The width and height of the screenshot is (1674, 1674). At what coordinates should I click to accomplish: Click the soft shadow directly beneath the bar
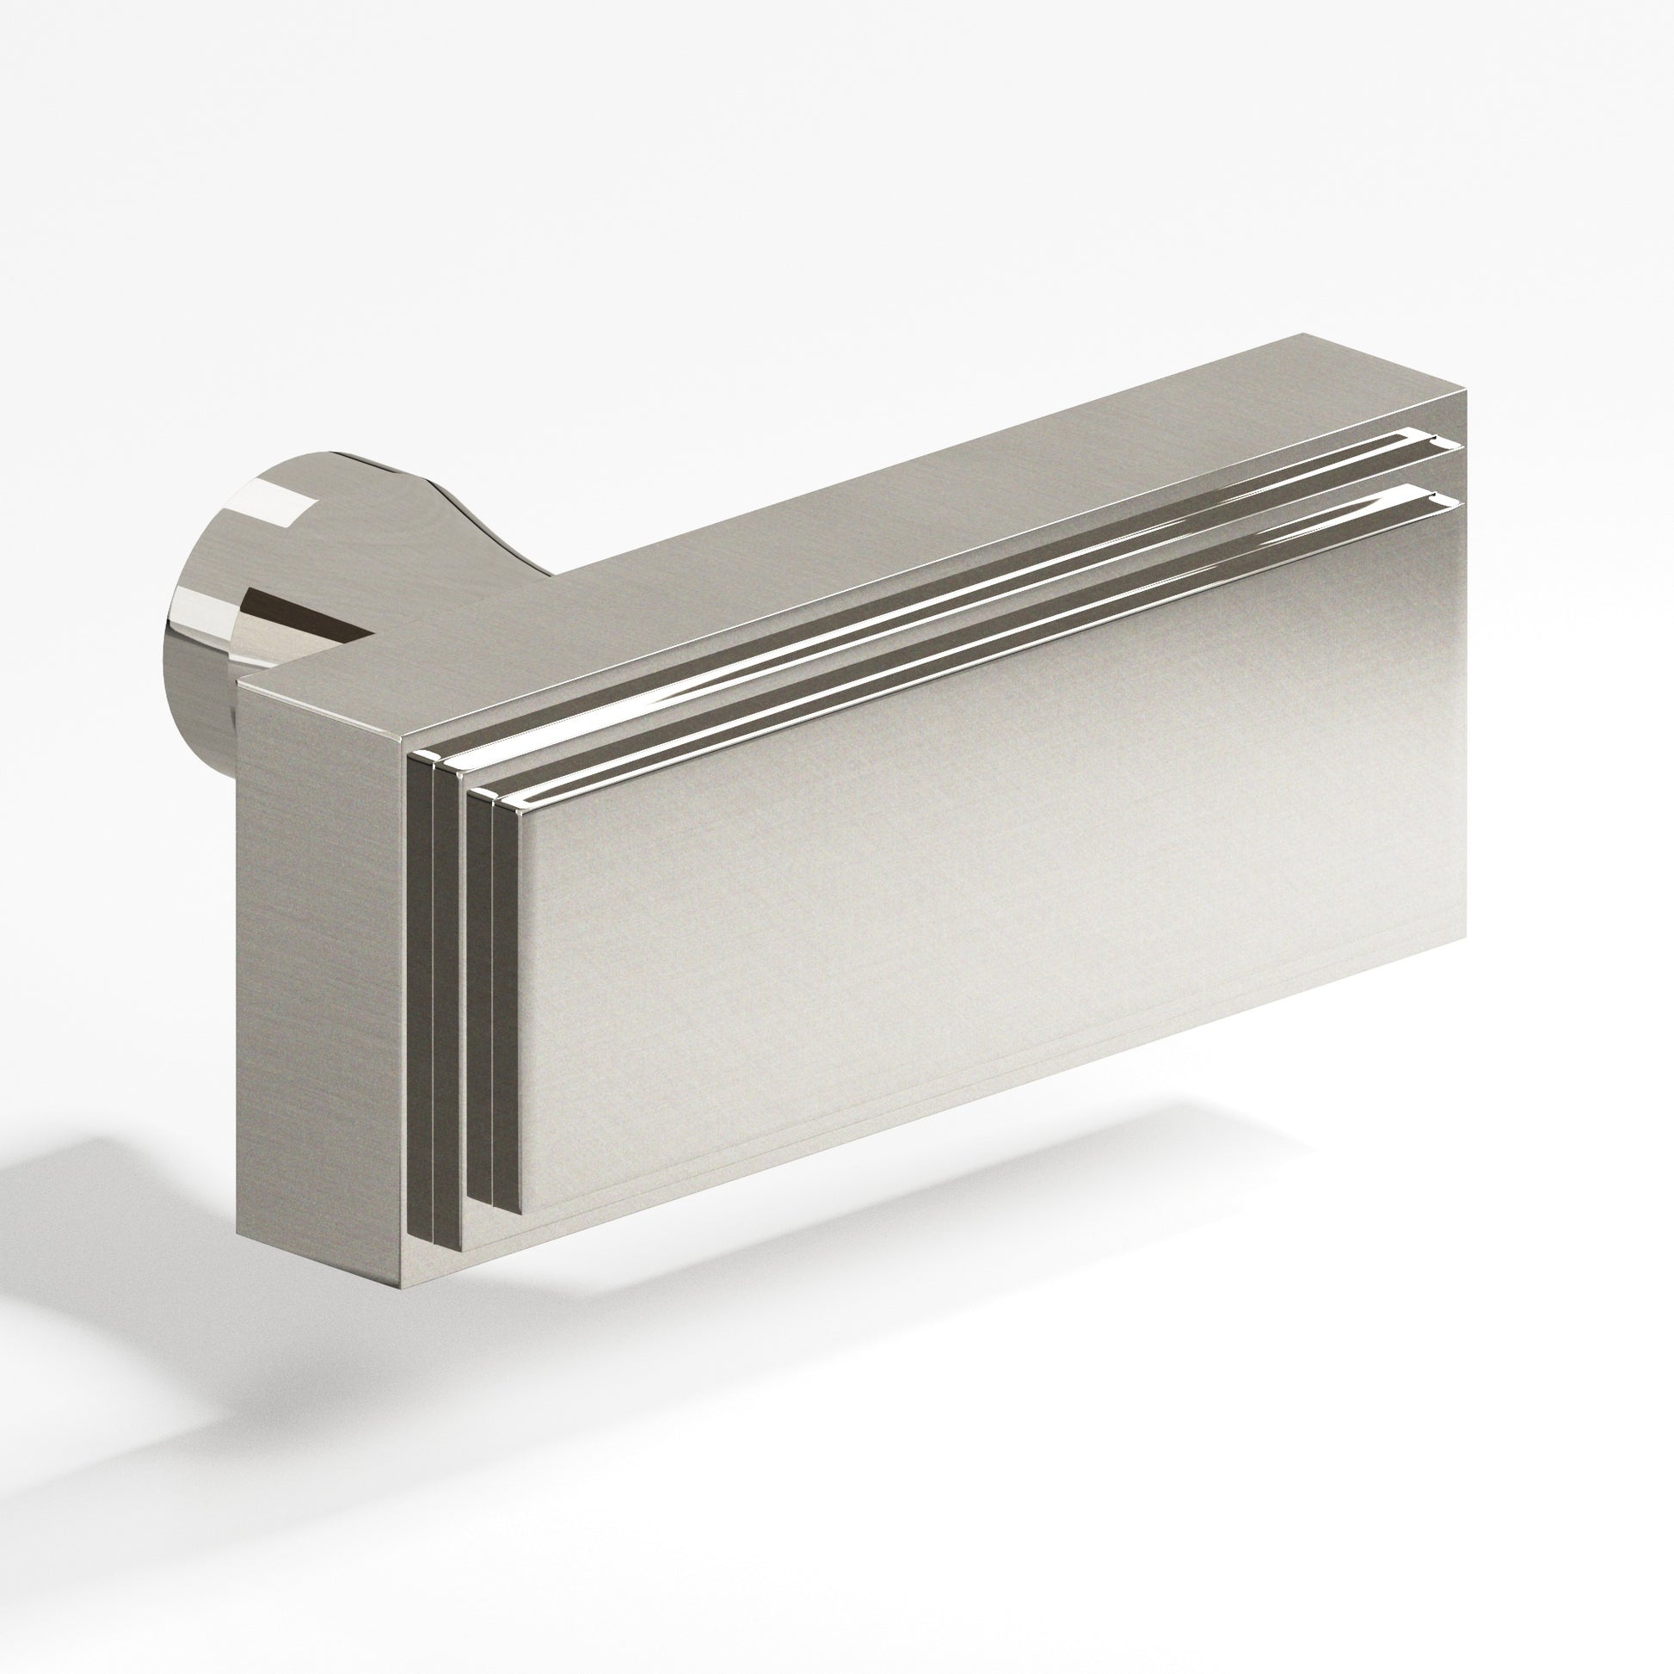866,1213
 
